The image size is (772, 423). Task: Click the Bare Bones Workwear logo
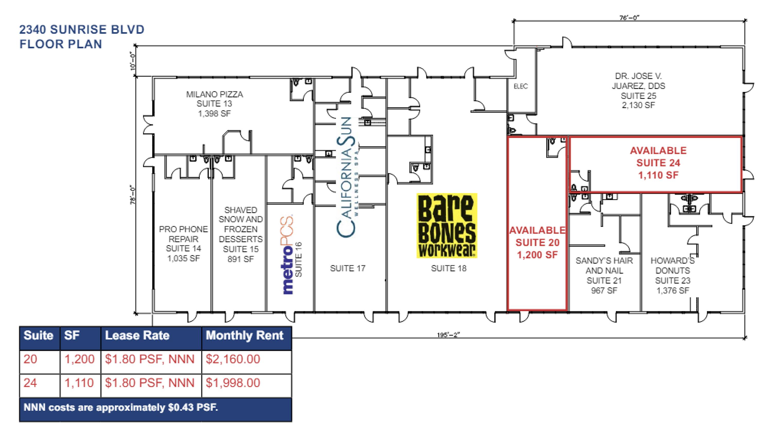tap(446, 226)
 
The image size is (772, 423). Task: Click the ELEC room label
tap(521, 86)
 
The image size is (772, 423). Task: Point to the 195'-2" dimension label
tap(448, 335)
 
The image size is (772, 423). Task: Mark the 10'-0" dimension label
tap(133, 61)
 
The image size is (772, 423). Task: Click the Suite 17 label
tap(348, 268)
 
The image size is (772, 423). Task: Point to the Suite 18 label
tap(449, 268)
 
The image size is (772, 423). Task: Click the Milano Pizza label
tap(215, 94)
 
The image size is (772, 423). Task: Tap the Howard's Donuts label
tap(672, 266)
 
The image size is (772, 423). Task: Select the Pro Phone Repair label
tap(183, 234)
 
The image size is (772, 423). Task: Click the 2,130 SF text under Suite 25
tap(638, 105)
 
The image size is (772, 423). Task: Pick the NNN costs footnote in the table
tap(120, 407)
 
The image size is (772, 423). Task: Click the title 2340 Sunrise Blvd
tap(82, 29)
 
